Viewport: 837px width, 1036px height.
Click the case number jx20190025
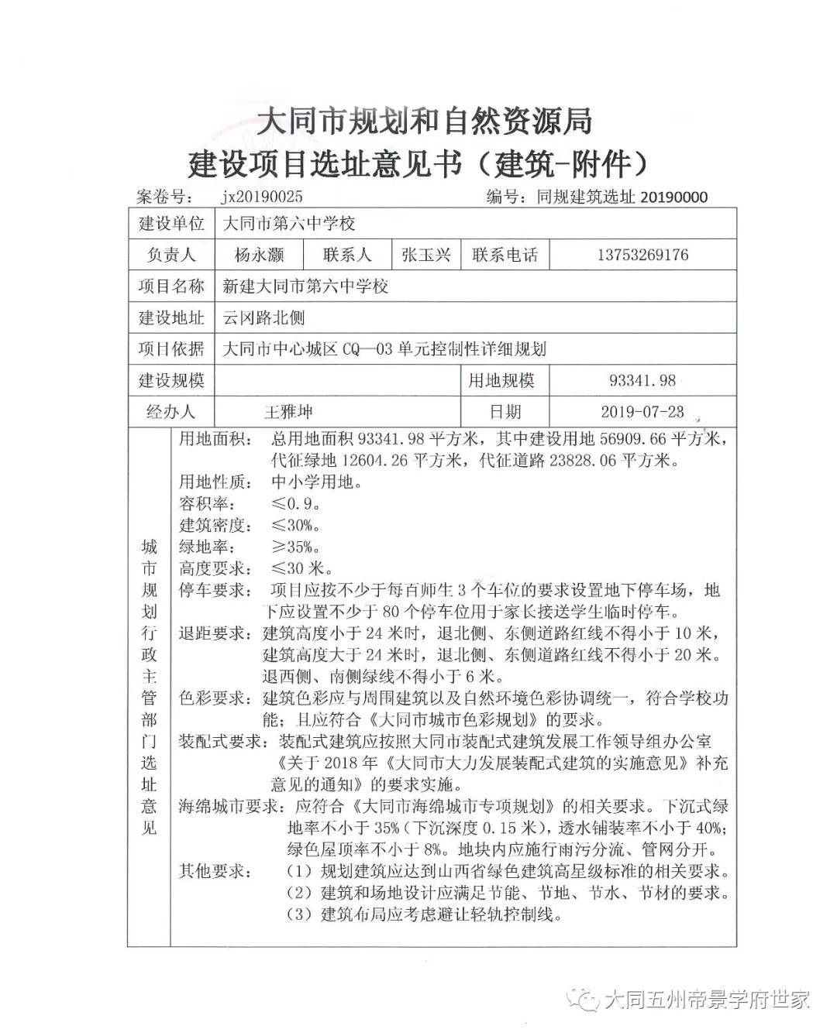(x=262, y=197)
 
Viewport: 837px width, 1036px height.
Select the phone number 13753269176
(x=642, y=255)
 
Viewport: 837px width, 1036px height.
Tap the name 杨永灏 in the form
(x=259, y=255)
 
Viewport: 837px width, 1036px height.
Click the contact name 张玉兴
(x=425, y=255)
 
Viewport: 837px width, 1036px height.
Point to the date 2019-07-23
(x=642, y=412)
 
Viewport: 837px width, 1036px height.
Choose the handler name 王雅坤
(x=288, y=412)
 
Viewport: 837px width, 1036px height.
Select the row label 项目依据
(x=171, y=349)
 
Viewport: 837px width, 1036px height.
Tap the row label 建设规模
(x=171, y=381)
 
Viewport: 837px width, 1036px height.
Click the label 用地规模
(x=501, y=381)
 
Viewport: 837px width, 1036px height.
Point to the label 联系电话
(x=505, y=255)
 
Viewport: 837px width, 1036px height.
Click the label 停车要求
(x=215, y=591)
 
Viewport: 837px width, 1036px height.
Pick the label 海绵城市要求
(x=229, y=806)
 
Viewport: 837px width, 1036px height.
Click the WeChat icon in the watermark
(x=586, y=999)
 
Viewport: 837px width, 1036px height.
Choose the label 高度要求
(x=215, y=569)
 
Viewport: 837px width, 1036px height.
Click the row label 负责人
(x=171, y=255)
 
